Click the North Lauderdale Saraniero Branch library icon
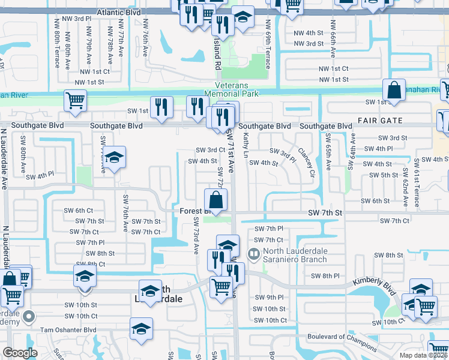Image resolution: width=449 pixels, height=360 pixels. (255, 256)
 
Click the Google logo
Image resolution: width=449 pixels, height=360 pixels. (20, 353)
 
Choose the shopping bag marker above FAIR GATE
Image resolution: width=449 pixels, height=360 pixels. (394, 91)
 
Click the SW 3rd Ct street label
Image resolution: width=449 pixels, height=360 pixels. (211, 150)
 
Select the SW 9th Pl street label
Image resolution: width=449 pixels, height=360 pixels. (268, 298)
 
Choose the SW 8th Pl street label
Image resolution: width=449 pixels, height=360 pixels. (326, 275)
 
